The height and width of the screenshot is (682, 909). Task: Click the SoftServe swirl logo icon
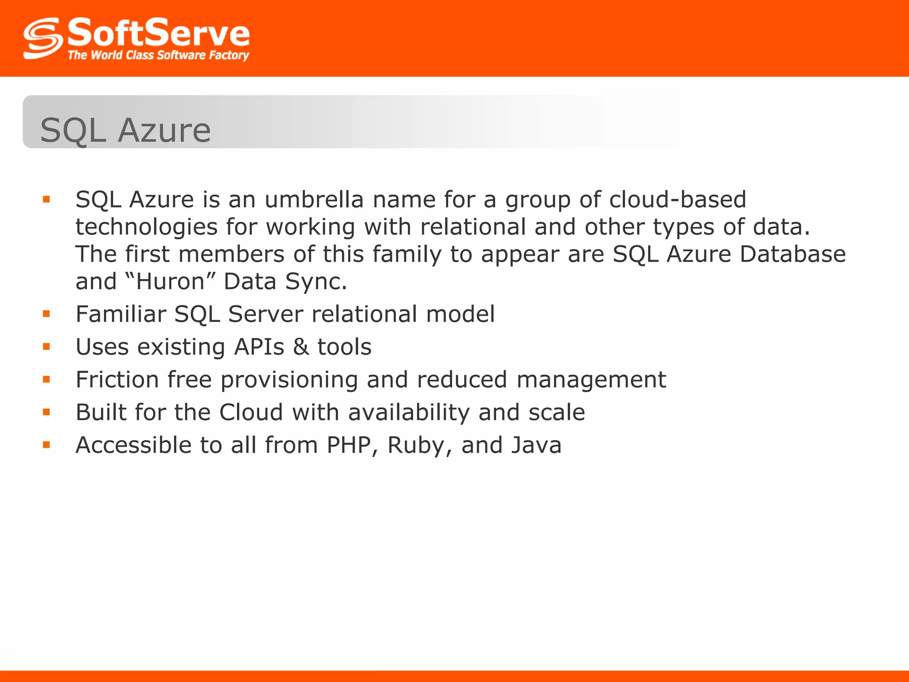tap(43, 38)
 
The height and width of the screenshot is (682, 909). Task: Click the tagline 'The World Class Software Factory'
tap(158, 55)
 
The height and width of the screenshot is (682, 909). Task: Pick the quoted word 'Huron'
tap(170, 282)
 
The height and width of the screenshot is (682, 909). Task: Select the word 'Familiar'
tap(120, 314)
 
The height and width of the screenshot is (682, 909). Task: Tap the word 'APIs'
tap(259, 347)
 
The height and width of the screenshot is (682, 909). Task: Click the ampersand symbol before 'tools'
tap(301, 347)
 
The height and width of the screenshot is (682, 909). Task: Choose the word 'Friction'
tap(117, 380)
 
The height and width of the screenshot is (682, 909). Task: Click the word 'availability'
tap(408, 412)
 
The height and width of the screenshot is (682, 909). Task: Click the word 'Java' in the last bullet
tap(536, 445)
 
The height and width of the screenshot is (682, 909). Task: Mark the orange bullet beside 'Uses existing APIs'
tap(47, 347)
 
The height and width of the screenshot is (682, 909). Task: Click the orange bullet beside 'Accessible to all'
tap(47, 445)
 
